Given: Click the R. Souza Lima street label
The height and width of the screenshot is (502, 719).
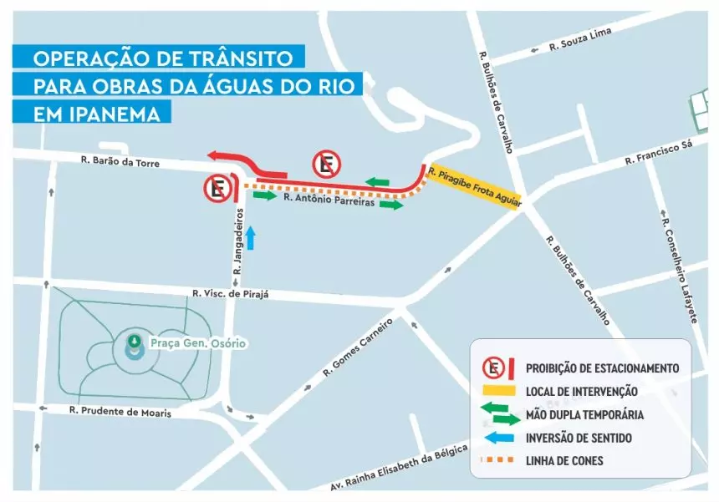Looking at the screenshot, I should coord(577,43).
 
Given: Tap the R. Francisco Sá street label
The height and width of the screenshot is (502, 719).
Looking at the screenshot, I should coord(659,154).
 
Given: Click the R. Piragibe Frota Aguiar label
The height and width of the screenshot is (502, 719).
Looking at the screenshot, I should coord(474,187).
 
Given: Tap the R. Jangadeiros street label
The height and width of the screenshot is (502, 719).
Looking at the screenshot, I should coord(238,242).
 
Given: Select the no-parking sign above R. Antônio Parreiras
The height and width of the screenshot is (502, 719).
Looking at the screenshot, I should coord(326,165).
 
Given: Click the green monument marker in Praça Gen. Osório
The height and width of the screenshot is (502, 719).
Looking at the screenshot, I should coord(133,342).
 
